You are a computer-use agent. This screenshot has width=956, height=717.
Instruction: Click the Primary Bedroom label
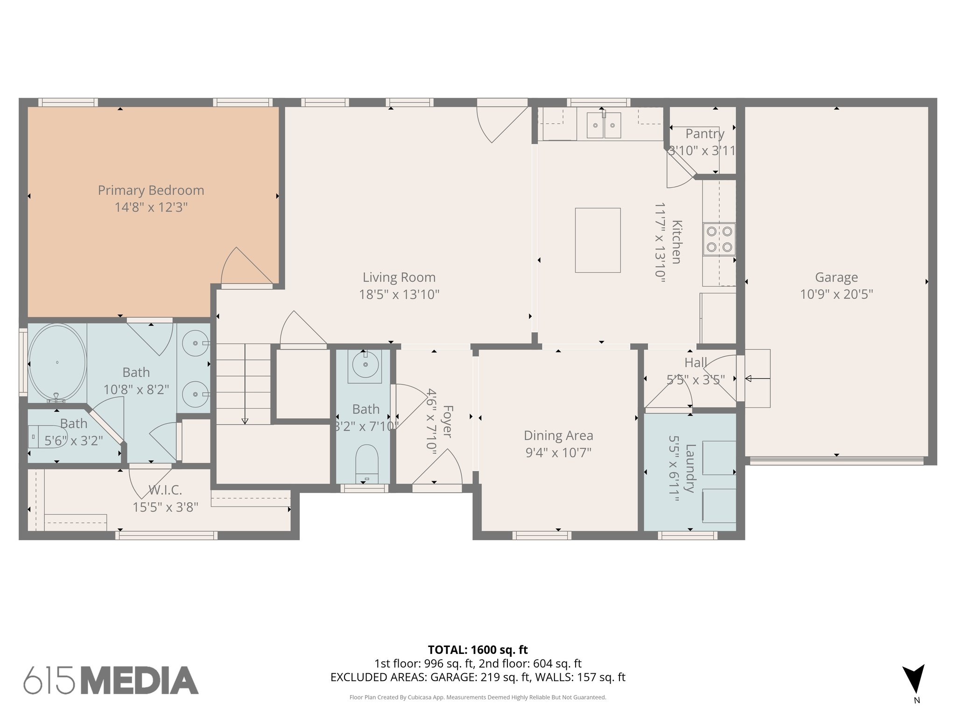coord(151,190)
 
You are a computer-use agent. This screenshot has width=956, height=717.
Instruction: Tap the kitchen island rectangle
coord(597,240)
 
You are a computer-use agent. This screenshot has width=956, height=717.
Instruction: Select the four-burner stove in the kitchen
coord(719,239)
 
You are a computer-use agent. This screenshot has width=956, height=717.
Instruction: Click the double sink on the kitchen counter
coord(604,125)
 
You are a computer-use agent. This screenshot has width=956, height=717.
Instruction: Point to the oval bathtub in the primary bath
coord(57,362)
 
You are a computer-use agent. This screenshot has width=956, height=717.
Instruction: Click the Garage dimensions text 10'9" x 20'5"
coord(836,295)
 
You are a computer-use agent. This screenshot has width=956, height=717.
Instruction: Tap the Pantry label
coord(704,134)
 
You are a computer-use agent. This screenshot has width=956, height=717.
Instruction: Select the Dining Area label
coord(558,436)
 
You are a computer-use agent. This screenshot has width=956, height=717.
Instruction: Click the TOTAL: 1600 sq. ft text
coord(478,649)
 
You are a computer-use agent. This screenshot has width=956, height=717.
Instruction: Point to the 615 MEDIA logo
coord(111,680)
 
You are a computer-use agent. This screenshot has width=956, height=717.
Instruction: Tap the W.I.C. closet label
coord(165,490)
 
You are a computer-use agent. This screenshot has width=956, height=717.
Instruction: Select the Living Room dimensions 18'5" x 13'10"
coord(399,295)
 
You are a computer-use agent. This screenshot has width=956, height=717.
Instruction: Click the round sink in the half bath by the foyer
coord(365,364)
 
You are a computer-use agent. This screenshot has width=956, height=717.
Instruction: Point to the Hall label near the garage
coord(695,363)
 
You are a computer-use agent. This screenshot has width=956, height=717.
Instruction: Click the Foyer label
coord(447,422)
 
